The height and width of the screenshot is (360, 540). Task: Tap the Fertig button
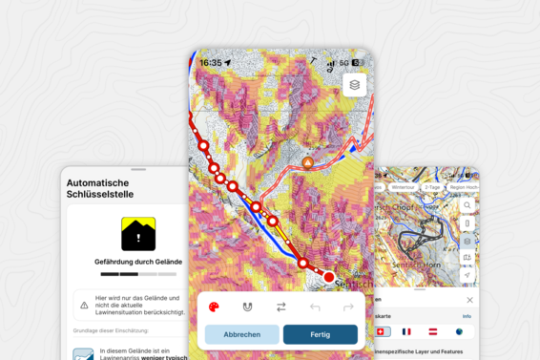[320, 334]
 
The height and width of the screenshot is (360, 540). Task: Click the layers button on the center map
[355, 85]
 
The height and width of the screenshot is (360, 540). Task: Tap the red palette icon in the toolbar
[214, 307]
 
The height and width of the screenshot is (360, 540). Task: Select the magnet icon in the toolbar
[247, 307]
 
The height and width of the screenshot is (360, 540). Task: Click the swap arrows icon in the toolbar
[281, 307]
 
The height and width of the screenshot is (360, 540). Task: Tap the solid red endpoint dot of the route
[329, 277]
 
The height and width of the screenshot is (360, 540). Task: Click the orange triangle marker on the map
[307, 163]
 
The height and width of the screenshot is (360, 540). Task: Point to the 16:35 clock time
[211, 63]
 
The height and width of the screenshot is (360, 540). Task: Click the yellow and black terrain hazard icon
[138, 234]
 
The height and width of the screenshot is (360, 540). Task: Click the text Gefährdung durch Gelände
[138, 261]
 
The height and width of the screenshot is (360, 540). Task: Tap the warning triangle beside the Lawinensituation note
[84, 306]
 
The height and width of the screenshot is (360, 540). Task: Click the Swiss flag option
[383, 331]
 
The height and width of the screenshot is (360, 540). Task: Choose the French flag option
[407, 331]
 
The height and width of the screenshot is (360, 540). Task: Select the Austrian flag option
[433, 331]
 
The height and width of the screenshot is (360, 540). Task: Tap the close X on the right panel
[469, 300]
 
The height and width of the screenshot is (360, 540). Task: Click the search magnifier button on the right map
[467, 205]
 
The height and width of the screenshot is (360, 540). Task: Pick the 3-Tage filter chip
[433, 187]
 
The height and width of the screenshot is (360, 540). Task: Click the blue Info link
[467, 316]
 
